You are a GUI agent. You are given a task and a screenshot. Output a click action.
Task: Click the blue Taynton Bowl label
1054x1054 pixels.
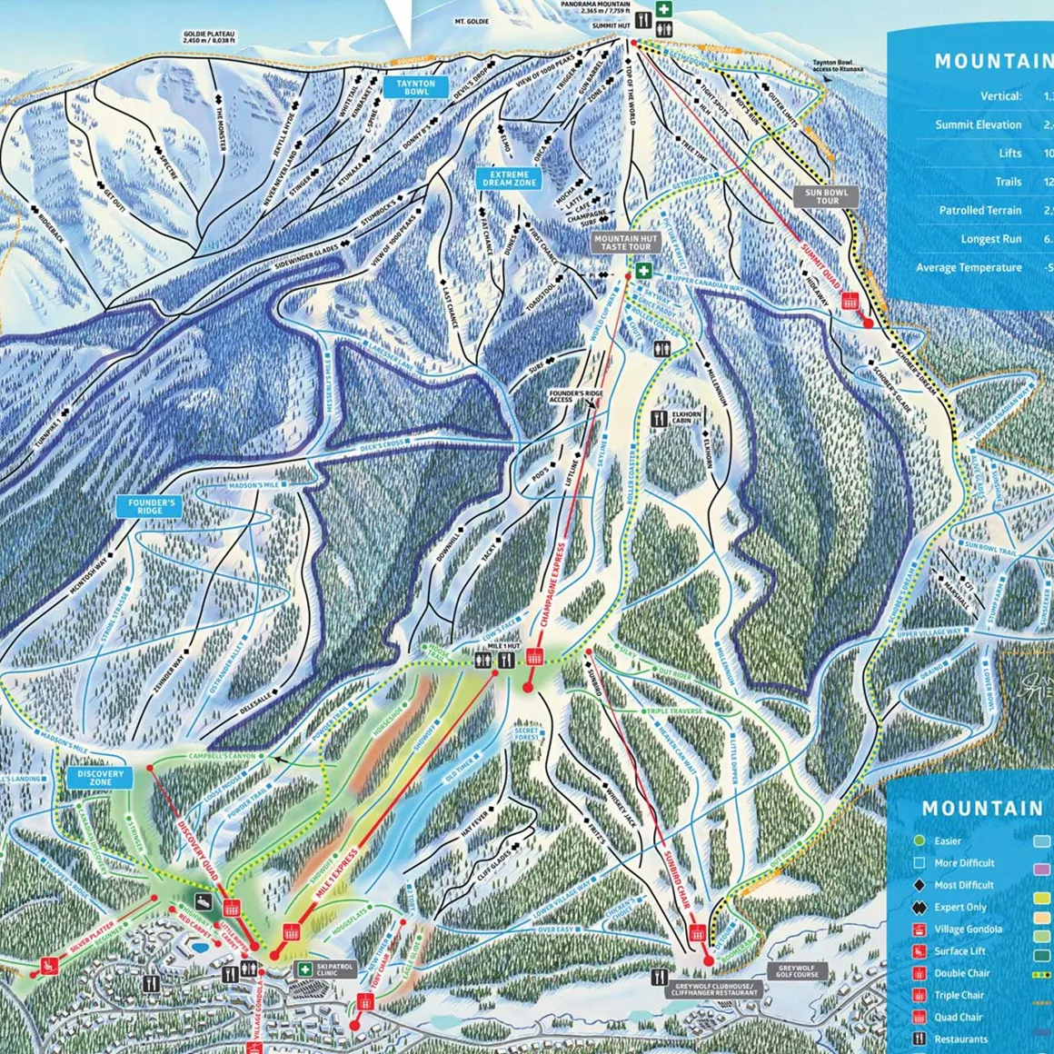pos(416,87)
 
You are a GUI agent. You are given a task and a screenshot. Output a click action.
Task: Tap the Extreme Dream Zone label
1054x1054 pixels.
pos(509,178)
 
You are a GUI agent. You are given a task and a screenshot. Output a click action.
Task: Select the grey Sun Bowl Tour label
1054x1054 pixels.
pos(826,196)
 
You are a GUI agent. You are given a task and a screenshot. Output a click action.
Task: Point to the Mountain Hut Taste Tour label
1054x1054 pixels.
pos(625,243)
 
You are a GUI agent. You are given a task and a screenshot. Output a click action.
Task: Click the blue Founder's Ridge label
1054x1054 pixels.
pos(150,506)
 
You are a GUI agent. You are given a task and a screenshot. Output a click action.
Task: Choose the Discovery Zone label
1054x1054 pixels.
pos(100,778)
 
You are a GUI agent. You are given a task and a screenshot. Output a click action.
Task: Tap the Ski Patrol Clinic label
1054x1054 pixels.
pos(335,971)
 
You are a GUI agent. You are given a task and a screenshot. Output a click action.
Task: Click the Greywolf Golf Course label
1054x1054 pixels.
pos(797,971)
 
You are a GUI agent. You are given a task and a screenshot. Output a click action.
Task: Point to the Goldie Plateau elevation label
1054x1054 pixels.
pos(208,37)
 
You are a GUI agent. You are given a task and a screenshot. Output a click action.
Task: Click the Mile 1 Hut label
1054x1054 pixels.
pos(502,646)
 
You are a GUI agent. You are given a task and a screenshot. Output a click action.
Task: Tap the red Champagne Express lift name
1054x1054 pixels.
pos(553,585)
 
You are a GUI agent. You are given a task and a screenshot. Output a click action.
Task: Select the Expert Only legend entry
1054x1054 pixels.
pos(960,907)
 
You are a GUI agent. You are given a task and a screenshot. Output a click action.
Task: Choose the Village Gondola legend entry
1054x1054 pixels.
pos(968,929)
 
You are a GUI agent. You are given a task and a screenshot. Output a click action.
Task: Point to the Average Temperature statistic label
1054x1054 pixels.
pos(969,267)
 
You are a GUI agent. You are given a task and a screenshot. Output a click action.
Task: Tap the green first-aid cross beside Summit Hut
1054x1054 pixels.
pos(665,10)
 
